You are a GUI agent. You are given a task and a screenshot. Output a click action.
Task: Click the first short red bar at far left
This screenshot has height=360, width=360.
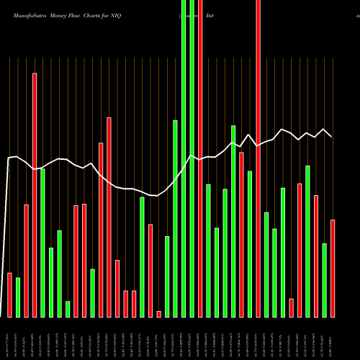coord(9,295)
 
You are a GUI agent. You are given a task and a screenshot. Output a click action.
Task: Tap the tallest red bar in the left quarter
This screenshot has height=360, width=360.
coord(35,194)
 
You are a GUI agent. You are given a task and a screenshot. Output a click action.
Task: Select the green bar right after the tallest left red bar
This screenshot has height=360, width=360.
coord(42,243)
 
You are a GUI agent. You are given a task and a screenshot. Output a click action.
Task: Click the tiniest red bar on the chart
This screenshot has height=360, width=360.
coord(158,314)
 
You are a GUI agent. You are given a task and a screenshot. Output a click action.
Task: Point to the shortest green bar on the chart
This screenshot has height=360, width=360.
coord(68,309)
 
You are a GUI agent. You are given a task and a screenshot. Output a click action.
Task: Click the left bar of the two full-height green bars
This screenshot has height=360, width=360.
coord(184,158)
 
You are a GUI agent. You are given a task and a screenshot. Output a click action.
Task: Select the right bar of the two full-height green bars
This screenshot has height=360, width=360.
coord(192,158)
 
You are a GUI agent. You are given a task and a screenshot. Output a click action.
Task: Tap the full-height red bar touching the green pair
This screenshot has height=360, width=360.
coord(200,158)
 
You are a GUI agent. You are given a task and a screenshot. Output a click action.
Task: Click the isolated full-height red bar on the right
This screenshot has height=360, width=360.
coord(258,158)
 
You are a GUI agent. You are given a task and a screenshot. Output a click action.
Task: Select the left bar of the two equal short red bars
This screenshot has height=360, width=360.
coord(125,304)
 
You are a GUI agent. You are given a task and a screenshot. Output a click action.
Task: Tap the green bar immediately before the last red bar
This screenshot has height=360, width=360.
coord(324,280)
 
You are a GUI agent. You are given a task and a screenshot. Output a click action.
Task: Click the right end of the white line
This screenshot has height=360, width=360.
coord(332,136)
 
